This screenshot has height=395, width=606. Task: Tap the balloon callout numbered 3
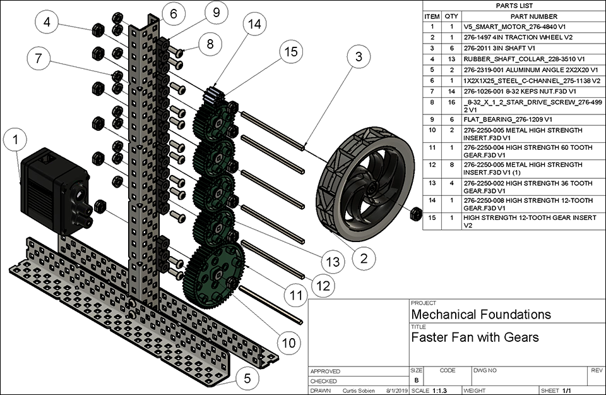click(x=357, y=58)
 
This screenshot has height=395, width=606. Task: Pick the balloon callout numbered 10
click(x=288, y=343)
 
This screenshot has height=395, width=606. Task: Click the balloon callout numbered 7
click(x=40, y=59)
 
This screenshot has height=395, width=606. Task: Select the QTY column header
click(x=451, y=16)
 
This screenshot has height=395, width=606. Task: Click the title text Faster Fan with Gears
click(x=475, y=337)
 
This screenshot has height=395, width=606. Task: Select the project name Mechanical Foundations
click(x=480, y=314)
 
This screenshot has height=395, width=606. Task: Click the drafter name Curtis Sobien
click(x=359, y=391)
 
